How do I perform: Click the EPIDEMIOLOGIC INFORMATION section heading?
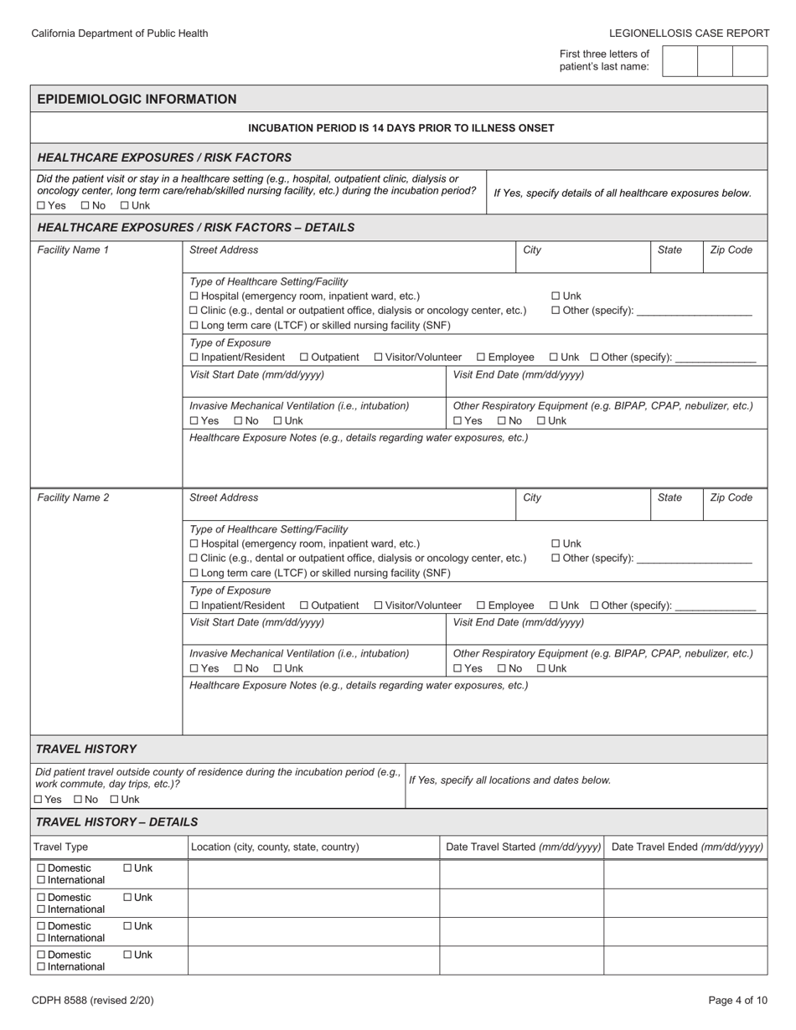(137, 99)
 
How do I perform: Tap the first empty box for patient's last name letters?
(680, 61)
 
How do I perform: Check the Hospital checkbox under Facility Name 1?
(194, 296)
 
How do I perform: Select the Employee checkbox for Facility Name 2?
(481, 605)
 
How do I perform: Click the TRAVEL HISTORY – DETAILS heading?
(116, 821)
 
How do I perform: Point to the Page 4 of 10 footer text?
(737, 1000)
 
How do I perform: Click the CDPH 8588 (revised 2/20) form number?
(92, 1000)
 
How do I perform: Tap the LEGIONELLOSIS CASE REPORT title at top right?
(689, 33)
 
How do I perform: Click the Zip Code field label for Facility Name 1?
(731, 250)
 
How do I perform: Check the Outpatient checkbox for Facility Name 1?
(304, 358)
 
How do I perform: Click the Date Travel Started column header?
(523, 847)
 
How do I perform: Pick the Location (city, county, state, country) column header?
(275, 847)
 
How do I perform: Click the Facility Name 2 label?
(73, 497)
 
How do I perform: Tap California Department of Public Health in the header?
(120, 33)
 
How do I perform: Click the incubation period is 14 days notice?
(401, 128)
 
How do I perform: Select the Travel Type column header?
(60, 847)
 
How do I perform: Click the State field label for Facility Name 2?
(669, 497)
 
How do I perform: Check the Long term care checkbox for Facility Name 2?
(194, 574)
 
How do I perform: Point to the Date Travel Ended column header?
(687, 847)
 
